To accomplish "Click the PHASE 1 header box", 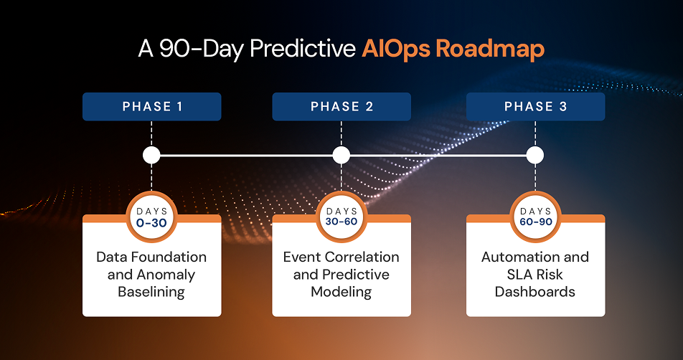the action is [151, 107].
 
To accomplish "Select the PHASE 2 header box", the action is [341, 107].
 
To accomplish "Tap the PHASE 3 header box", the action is [535, 107].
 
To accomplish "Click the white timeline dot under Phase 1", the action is [151, 155].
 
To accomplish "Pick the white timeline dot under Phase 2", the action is [341, 155].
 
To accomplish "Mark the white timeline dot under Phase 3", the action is [535, 155].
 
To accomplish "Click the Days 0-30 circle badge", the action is [151, 217].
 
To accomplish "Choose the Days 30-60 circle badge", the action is [341, 217].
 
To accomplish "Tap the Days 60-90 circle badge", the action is [535, 217].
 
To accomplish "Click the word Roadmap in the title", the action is [490, 49].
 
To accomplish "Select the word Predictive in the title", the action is [303, 49].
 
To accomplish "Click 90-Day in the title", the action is [201, 49].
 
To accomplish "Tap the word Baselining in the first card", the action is [151, 292].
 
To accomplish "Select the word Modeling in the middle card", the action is [341, 292].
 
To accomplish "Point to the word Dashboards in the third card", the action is [535, 292].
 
